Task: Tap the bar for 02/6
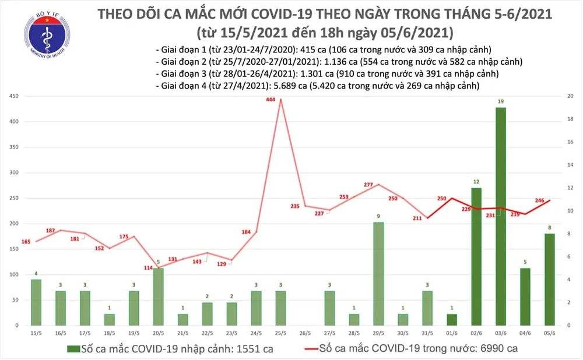coord(476,256)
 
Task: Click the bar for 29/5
coord(378,273)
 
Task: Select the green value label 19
coord(500,102)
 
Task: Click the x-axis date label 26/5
coord(304,334)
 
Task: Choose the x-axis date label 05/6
coord(549,334)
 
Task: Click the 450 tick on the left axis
coord(13,96)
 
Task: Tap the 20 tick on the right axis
coord(571,96)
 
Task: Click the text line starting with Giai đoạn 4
coord(318,86)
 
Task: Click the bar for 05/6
coord(549,279)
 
